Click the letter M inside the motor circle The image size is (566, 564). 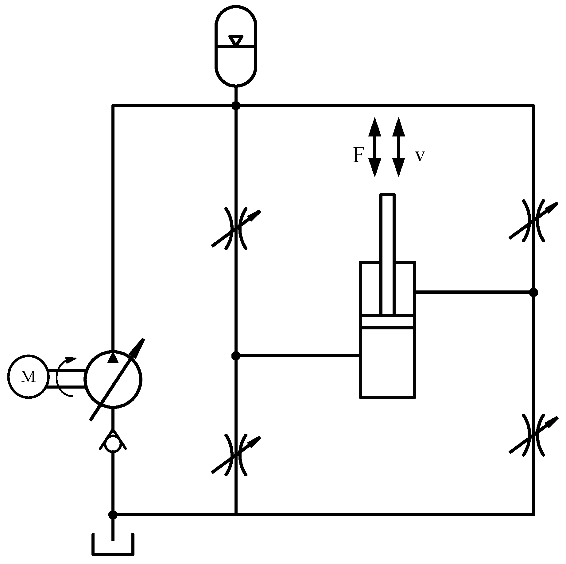(x=28, y=377)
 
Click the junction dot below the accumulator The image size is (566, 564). (x=236, y=106)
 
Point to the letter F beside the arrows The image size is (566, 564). (x=358, y=155)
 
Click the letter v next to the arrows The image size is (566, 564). (x=420, y=156)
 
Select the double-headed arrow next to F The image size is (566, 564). (x=374, y=147)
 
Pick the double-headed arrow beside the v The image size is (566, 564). (x=398, y=147)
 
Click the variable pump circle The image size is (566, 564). (x=113, y=380)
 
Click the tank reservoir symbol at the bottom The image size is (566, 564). (x=113, y=544)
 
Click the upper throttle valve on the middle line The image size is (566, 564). (x=236, y=228)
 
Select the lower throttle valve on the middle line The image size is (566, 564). (x=236, y=455)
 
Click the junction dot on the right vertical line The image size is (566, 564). (x=533, y=292)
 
